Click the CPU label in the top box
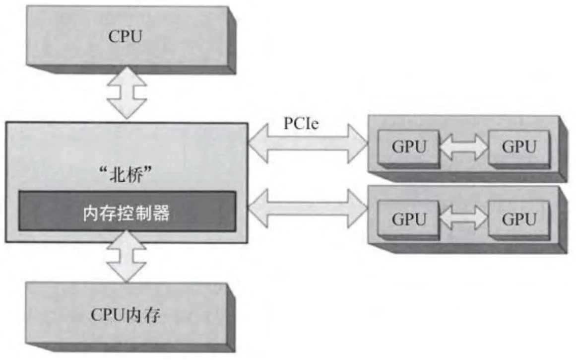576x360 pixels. (126, 37)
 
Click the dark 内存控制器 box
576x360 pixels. (127, 211)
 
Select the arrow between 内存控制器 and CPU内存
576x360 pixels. (127, 257)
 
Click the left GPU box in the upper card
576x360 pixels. (408, 147)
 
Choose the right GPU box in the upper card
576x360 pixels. (518, 147)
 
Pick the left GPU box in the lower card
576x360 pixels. (408, 218)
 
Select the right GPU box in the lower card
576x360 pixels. (518, 218)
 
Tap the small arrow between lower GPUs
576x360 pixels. (463, 219)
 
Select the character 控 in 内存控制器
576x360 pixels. (127, 213)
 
